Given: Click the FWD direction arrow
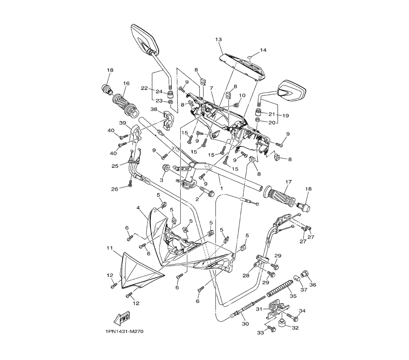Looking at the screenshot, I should (122, 317).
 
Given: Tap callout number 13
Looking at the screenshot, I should (218, 39).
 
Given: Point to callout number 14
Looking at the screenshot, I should (263, 50).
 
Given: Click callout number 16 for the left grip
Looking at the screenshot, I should (126, 83).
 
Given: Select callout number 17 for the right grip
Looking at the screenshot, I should (288, 182).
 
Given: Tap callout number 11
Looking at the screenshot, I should (110, 248).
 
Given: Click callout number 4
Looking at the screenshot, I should (139, 208).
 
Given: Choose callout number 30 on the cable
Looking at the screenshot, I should (245, 324).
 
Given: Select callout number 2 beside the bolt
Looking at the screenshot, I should (197, 199).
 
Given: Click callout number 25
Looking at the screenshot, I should (115, 166).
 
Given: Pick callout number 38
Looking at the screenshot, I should (154, 110).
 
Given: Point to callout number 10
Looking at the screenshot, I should (242, 95).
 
